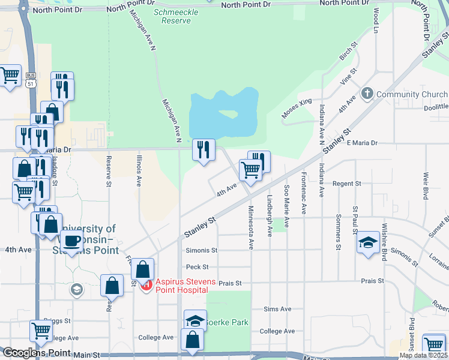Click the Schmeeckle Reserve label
(172, 16)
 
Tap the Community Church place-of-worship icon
(367, 94)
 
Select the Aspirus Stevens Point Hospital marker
(146, 286)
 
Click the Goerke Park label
(229, 322)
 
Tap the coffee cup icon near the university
(72, 241)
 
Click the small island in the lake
(228, 113)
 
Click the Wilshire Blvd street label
(383, 243)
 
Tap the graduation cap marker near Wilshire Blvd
(367, 242)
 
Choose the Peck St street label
(197, 266)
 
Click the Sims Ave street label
(277, 309)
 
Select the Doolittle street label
(435, 107)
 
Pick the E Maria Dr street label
(361, 143)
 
